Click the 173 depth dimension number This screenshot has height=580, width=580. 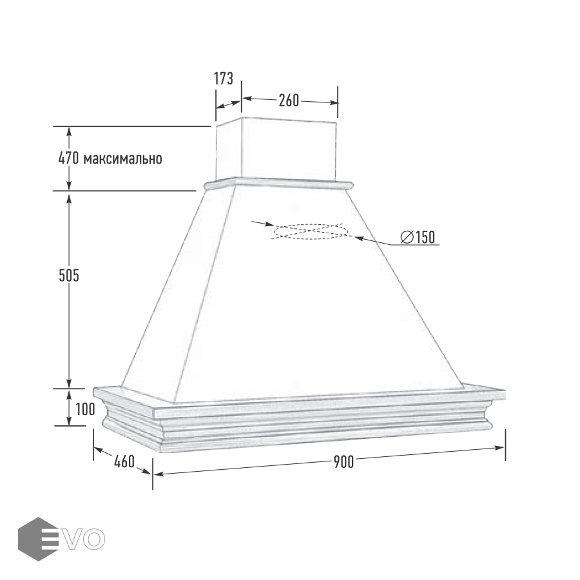click(x=224, y=79)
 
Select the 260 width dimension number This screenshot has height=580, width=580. click(x=289, y=101)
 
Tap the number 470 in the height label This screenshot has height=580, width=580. click(x=69, y=158)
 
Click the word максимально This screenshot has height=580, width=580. click(x=123, y=159)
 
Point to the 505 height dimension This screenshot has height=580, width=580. click(x=69, y=275)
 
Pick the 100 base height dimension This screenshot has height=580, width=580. click(x=85, y=409)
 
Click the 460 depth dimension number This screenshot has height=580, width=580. click(x=124, y=461)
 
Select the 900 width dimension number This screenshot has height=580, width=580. click(x=343, y=462)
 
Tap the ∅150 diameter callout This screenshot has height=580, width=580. click(x=418, y=237)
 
